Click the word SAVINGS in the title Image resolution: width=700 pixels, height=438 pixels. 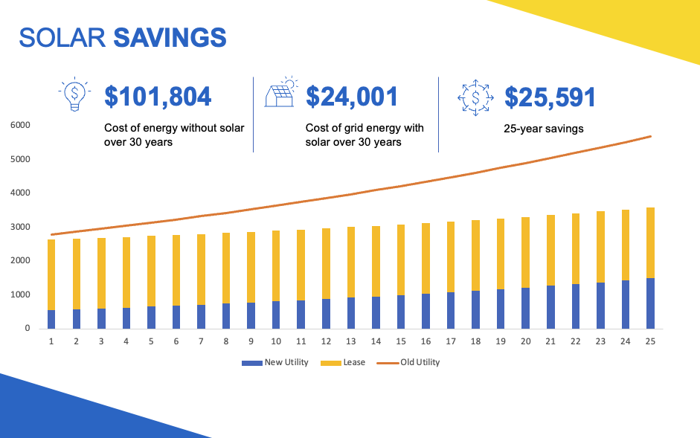click(x=170, y=37)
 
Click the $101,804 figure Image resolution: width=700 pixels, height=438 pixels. click(x=158, y=97)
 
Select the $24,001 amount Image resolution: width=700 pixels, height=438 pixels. click(x=352, y=97)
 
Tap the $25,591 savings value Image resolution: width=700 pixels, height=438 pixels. click(x=550, y=97)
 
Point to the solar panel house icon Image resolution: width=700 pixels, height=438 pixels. click(x=281, y=95)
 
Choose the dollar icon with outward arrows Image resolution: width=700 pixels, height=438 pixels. click(x=475, y=97)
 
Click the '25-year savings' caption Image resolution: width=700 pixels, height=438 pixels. click(x=544, y=129)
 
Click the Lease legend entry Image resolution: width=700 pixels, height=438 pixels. click(x=343, y=363)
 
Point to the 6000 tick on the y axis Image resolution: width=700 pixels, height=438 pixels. click(x=20, y=125)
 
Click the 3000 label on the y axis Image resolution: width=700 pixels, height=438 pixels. click(x=20, y=227)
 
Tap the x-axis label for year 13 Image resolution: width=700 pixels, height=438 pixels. click(x=351, y=341)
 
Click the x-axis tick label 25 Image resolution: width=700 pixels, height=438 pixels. click(x=650, y=341)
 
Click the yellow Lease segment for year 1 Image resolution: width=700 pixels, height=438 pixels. click(x=51, y=274)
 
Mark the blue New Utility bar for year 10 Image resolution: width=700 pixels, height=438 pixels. click(x=276, y=315)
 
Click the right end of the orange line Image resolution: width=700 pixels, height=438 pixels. click(x=651, y=136)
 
